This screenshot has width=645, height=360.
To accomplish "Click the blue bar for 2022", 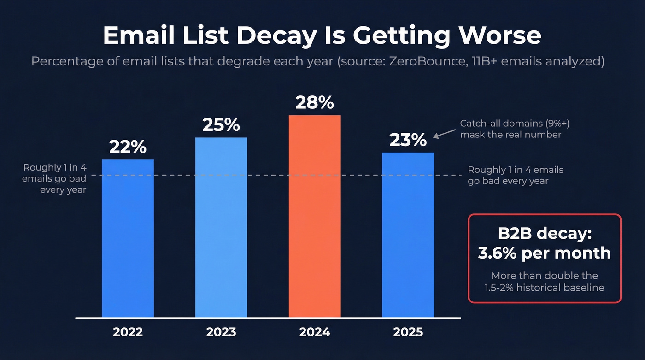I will (x=128, y=238).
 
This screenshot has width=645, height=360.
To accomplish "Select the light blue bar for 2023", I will (x=221, y=227).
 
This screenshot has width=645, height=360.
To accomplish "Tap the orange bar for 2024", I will (x=315, y=216).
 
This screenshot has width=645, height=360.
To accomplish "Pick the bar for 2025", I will (x=408, y=235).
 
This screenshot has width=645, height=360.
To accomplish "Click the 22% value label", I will (x=128, y=148).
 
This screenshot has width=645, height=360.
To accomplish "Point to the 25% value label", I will (x=221, y=125).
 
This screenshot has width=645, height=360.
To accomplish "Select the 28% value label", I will (x=315, y=103).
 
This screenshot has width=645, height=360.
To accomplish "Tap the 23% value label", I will (x=408, y=140).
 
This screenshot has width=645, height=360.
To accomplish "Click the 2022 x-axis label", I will (x=128, y=332).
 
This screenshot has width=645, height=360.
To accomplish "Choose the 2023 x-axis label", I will (x=221, y=332).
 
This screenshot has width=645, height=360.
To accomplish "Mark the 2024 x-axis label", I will (x=315, y=332).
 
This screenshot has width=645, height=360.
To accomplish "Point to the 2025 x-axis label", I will (x=408, y=332).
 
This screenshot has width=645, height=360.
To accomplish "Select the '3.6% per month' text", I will (x=544, y=253).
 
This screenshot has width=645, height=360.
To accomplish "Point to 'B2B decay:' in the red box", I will (x=544, y=234).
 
